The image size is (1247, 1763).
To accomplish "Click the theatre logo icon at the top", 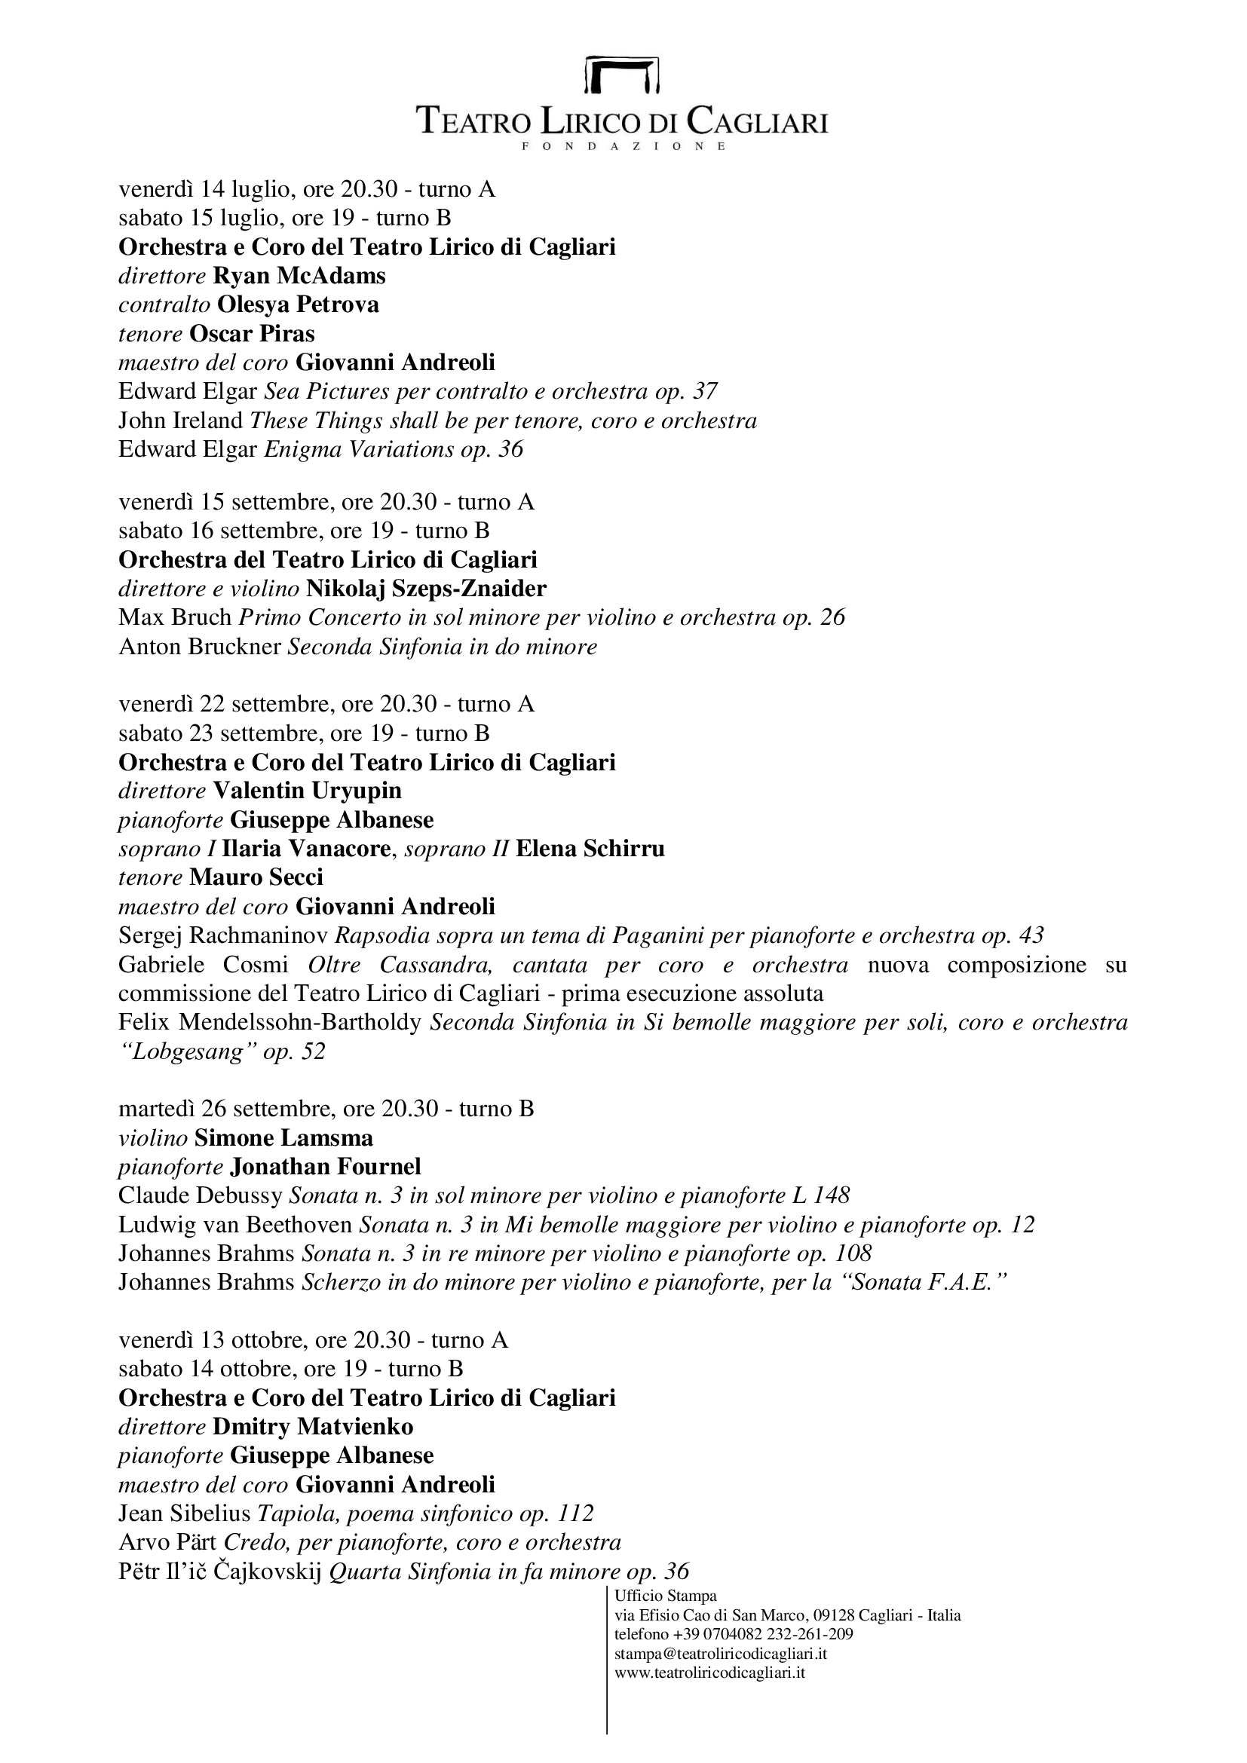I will [x=622, y=75].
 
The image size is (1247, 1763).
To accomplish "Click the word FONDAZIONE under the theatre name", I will [x=623, y=146].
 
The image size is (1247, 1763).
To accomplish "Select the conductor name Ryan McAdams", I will [x=299, y=276].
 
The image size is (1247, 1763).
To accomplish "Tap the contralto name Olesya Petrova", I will [x=298, y=305].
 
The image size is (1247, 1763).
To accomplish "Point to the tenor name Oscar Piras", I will [x=252, y=333].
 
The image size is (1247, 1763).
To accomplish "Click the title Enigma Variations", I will [x=360, y=449].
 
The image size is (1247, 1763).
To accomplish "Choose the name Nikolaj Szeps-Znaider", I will [x=426, y=589].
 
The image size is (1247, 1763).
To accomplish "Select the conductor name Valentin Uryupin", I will [x=307, y=791].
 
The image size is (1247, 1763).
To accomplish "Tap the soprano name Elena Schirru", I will [x=590, y=849].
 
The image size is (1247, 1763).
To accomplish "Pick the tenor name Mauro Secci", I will [x=256, y=877].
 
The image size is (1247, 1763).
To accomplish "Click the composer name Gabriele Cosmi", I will [x=204, y=965].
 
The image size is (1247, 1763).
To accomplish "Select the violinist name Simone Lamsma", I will [x=284, y=1138].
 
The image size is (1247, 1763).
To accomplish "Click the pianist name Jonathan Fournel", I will [x=326, y=1167].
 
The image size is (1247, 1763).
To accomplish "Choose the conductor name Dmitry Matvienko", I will [x=314, y=1427].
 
